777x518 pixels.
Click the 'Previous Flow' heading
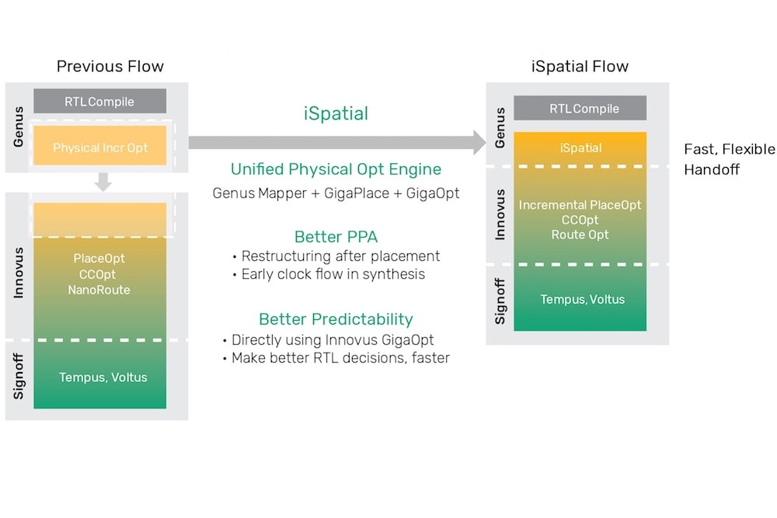tap(110, 66)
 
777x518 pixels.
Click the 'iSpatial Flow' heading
tap(580, 66)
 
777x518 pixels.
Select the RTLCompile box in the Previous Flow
tap(99, 102)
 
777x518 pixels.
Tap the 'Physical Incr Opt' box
tap(99, 148)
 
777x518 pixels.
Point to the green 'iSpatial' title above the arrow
tap(336, 113)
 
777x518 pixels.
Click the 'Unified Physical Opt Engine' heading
tap(336, 169)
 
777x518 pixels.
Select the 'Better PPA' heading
tap(336, 237)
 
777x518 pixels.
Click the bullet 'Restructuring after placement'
tap(340, 256)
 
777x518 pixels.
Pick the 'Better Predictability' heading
tap(336, 319)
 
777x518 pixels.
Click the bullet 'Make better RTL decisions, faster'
tap(340, 358)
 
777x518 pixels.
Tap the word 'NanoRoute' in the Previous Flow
tap(99, 290)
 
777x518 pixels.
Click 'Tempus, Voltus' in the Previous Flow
tap(103, 377)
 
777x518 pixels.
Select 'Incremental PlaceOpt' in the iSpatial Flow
tap(580, 206)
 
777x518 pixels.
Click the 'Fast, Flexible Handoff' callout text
tap(729, 158)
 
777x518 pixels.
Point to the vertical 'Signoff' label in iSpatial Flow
tap(500, 301)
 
